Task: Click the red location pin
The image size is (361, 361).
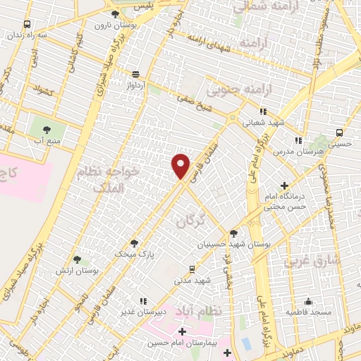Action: click(x=181, y=166)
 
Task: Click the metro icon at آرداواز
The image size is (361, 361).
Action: click(x=135, y=73)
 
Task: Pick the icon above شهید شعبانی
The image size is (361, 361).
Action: click(x=263, y=111)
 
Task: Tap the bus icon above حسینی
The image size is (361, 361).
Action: click(x=340, y=132)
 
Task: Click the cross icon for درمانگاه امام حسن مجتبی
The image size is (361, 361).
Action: click(x=284, y=185)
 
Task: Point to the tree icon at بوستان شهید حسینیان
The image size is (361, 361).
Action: click(x=233, y=233)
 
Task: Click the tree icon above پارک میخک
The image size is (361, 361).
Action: click(x=134, y=243)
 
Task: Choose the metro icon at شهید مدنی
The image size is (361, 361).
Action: click(x=192, y=269)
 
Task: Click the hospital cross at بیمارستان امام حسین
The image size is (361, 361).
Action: click(x=182, y=331)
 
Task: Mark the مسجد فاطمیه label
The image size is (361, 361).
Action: click(x=307, y=311)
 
